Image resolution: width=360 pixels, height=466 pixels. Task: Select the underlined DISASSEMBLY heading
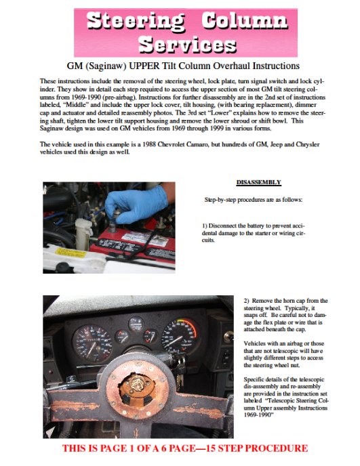258,183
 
